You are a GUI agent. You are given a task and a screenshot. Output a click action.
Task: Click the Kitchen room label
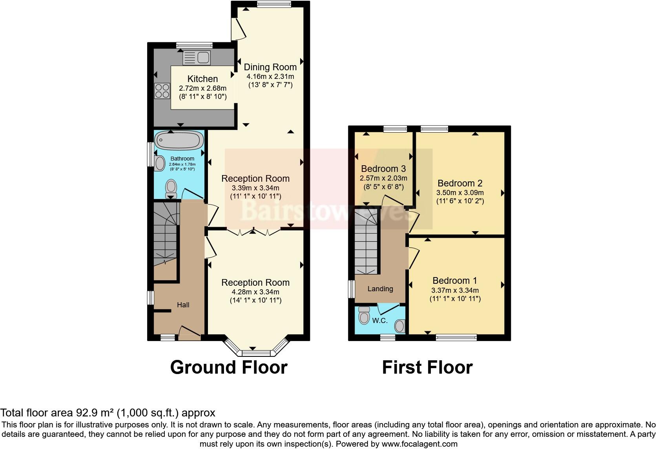click(x=202, y=79)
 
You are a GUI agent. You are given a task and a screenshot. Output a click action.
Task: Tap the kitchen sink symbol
click(x=197, y=58)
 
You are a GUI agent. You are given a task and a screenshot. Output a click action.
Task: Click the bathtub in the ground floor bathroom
click(x=179, y=140)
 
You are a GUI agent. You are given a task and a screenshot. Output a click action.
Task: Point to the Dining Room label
click(x=270, y=67)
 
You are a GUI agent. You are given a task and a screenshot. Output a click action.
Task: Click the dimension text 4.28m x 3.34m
click(x=255, y=292)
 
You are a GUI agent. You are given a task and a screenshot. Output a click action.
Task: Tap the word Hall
click(x=183, y=305)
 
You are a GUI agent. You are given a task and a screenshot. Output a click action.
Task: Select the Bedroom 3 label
click(x=383, y=169)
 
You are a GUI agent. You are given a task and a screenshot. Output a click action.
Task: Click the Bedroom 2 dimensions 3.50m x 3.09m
click(x=460, y=193)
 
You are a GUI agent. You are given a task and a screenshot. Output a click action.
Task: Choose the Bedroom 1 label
click(x=455, y=281)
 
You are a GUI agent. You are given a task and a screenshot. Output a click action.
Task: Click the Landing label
click(x=380, y=289)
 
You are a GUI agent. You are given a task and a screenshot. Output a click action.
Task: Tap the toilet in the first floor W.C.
click(x=364, y=315)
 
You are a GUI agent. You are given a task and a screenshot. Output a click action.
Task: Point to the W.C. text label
click(x=379, y=321)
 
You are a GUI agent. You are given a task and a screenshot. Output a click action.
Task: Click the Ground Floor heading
click(x=229, y=367)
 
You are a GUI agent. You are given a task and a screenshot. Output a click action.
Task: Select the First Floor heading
click(x=427, y=367)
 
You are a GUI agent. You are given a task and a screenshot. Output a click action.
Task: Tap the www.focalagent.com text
click(x=419, y=444)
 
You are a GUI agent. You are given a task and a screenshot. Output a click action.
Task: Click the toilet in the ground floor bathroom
click(x=171, y=188)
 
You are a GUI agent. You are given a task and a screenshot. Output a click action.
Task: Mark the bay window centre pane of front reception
click(x=253, y=352)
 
